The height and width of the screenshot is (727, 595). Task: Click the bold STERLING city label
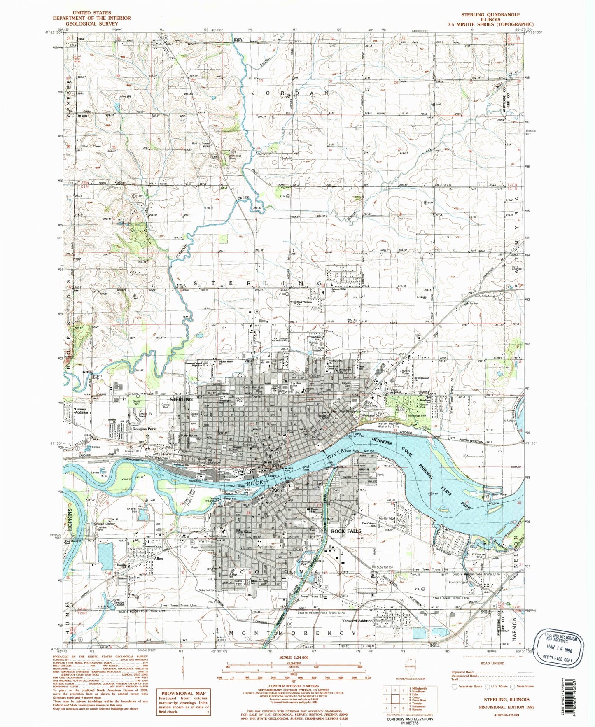point(181,399)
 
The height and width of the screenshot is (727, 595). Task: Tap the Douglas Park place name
point(144,429)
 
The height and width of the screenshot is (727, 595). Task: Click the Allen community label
point(159,559)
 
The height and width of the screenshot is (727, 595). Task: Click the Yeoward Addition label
point(357,620)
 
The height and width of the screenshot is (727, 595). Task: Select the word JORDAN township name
point(290,93)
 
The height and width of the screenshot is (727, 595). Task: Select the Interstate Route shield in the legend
point(455,686)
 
